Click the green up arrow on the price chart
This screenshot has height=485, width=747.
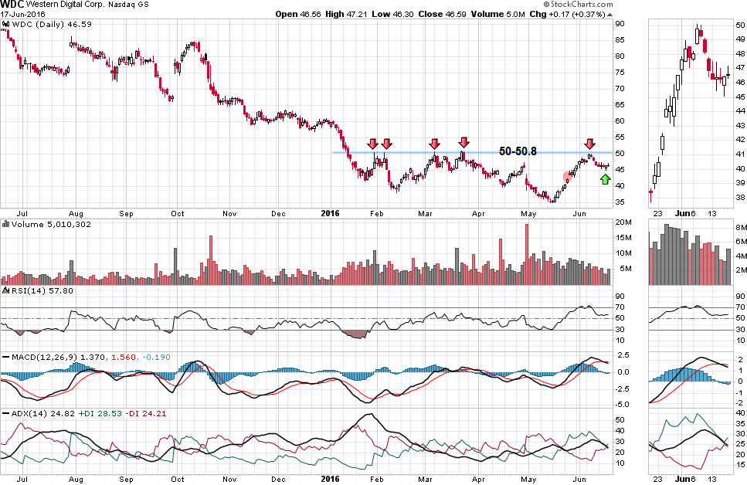tap(605, 179)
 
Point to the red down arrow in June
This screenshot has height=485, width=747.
tap(589, 144)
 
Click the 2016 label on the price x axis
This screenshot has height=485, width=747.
tap(330, 212)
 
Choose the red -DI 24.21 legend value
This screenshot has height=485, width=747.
tap(149, 414)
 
